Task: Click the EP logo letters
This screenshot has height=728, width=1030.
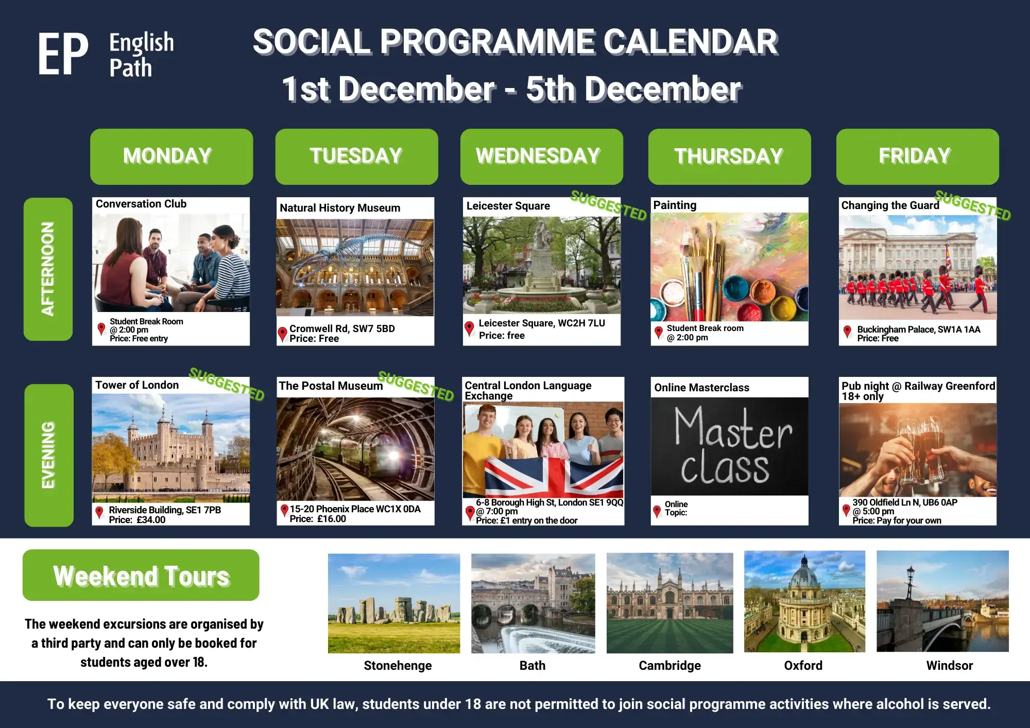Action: [x=63, y=54]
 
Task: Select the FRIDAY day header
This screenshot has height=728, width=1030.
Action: [x=917, y=157]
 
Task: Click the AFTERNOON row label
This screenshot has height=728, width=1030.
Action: [x=48, y=269]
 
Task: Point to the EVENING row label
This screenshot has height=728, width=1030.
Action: [x=48, y=455]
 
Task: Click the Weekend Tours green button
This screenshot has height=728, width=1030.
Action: [x=141, y=575]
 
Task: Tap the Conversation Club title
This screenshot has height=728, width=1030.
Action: [x=141, y=204]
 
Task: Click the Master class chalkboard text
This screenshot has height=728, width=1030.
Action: [x=731, y=446]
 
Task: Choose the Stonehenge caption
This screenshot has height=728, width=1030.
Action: [x=398, y=666]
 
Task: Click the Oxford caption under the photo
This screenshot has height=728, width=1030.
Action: [x=803, y=666]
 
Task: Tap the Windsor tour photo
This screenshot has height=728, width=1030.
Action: [x=942, y=601]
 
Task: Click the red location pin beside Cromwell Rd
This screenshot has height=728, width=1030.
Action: [x=282, y=334]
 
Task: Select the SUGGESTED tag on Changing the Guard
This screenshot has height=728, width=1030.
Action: [x=972, y=205]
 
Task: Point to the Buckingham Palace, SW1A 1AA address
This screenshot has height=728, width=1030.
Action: [x=919, y=330]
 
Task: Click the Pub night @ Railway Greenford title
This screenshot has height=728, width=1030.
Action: [x=918, y=386]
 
